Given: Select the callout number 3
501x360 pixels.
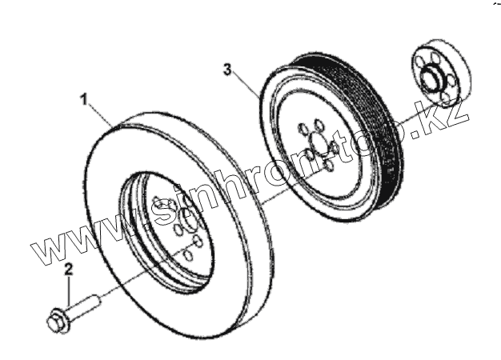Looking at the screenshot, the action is pyautogui.click(x=227, y=70).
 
